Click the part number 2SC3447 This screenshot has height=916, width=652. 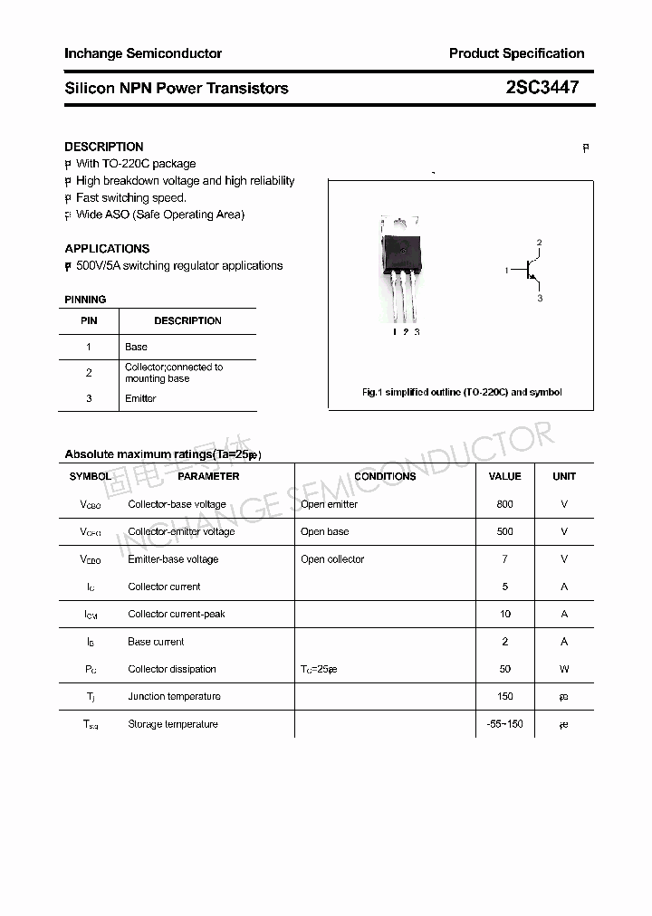(542, 88)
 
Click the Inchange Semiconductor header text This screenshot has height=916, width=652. (143, 53)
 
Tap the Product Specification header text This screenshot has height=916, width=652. (516, 53)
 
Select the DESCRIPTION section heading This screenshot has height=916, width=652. (104, 147)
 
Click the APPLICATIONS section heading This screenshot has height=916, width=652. (107, 248)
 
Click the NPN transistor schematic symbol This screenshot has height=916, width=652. (528, 270)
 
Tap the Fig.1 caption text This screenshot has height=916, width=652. (462, 392)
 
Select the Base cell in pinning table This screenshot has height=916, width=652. (136, 347)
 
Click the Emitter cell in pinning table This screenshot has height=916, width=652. (140, 398)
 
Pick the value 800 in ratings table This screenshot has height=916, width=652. (504, 504)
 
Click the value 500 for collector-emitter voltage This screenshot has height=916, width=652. (504, 531)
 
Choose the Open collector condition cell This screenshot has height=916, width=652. (332, 559)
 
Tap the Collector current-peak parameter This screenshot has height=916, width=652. (177, 614)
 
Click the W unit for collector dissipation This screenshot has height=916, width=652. (564, 669)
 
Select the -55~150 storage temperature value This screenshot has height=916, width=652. (504, 724)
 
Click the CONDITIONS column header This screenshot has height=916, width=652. (385, 476)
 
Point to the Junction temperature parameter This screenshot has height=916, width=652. (174, 696)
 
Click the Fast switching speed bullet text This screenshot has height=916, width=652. (131, 197)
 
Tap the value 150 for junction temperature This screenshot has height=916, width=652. (504, 696)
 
